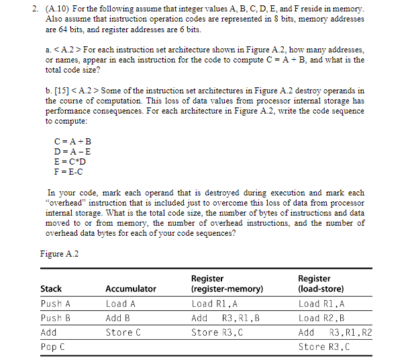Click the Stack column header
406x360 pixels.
51,289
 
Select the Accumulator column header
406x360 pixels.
130,289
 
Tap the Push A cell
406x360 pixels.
56,304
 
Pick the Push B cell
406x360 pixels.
56,318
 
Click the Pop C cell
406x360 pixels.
53,347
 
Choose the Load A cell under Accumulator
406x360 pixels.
121,304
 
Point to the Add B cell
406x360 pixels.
118,318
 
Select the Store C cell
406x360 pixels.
123,332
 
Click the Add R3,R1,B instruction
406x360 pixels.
225,318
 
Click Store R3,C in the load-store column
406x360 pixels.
324,347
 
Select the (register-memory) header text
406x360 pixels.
227,289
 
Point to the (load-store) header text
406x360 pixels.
321,289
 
